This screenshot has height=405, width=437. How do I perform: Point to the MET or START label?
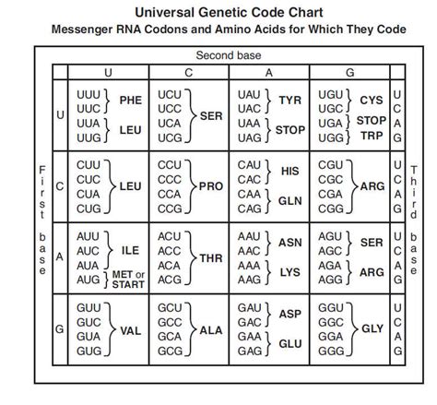128,280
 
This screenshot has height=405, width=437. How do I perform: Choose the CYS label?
372,100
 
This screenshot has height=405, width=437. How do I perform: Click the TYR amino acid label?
290,100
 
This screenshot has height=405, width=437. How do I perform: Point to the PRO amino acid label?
212,185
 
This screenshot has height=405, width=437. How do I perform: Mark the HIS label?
290,171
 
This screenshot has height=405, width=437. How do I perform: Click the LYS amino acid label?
290,272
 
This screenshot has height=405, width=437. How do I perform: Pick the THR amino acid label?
213,257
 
